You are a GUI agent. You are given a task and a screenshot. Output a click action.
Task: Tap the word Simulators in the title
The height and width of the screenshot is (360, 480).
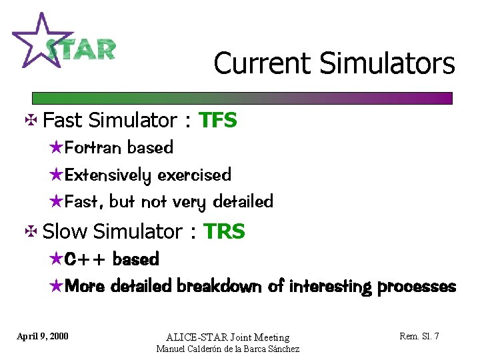(x=387, y=64)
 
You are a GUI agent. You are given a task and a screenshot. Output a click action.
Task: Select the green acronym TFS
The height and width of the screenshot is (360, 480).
(x=218, y=121)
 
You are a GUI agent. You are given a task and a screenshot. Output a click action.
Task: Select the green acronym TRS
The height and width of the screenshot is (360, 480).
(x=224, y=232)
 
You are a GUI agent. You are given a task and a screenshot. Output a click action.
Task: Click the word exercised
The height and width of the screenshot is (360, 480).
(x=195, y=175)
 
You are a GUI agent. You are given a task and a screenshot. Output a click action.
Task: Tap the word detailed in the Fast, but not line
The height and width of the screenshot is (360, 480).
(x=243, y=201)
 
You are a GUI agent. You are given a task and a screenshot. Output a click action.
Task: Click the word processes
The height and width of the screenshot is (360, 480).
(x=417, y=287)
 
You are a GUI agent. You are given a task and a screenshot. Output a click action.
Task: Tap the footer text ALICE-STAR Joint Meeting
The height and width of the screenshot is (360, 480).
(x=227, y=337)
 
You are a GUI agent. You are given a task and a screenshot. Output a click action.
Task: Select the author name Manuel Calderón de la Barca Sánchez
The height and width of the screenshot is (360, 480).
(x=227, y=349)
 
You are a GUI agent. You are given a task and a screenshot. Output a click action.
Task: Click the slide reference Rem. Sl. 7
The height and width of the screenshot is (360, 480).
(x=419, y=336)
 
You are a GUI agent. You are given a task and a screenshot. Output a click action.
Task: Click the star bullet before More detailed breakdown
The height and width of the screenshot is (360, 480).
(x=57, y=287)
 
